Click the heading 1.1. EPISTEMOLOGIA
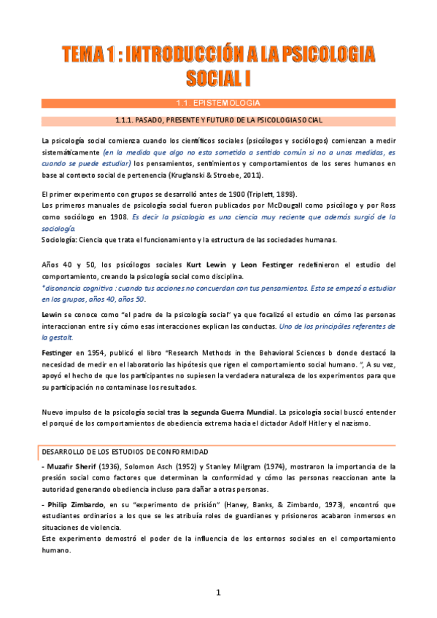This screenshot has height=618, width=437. (x=218, y=103)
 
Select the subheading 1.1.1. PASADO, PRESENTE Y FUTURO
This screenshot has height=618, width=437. (x=219, y=120)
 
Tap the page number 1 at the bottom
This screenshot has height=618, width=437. (x=217, y=593)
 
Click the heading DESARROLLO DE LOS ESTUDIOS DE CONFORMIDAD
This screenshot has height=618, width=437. (x=125, y=453)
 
